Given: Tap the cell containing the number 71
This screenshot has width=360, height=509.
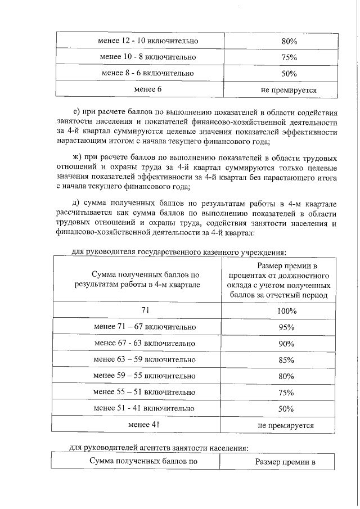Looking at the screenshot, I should [x=145, y=310].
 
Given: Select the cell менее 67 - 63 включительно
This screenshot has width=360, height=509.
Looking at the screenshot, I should [x=145, y=343].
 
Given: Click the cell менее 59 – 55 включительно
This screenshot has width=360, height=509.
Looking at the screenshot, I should [x=145, y=376].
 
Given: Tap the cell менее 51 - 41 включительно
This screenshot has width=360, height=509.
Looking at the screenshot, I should [x=145, y=408].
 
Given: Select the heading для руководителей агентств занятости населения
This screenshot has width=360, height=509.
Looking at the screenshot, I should [x=159, y=448].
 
